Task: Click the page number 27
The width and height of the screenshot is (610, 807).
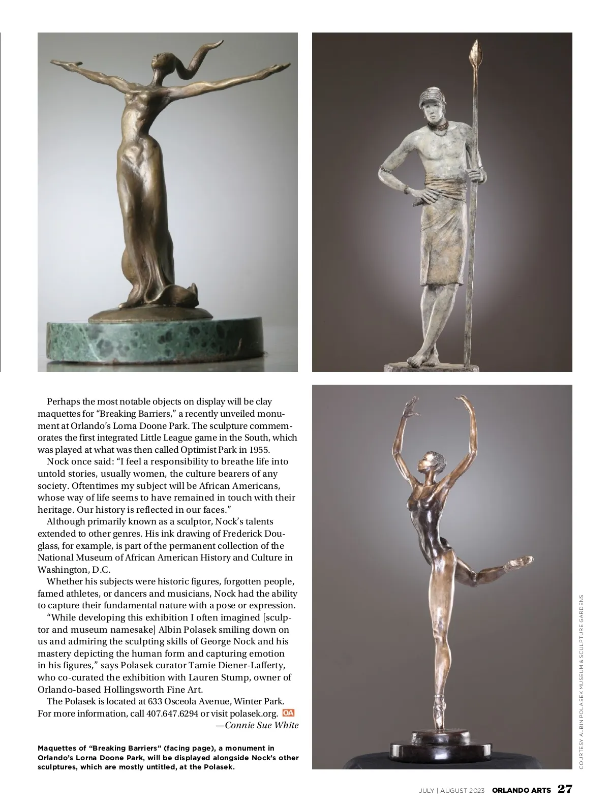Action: [x=565, y=789]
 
